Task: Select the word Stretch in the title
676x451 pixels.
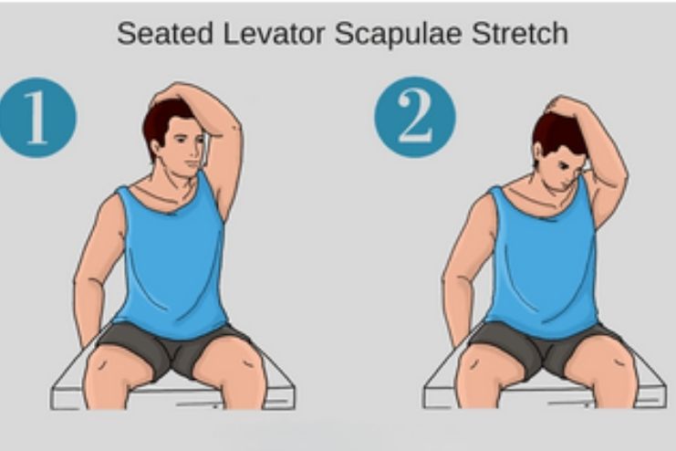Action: tap(516, 34)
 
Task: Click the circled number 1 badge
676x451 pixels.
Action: tap(36, 118)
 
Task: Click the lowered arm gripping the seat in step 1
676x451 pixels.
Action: tap(91, 283)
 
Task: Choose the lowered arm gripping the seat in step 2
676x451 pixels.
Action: tap(461, 283)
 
